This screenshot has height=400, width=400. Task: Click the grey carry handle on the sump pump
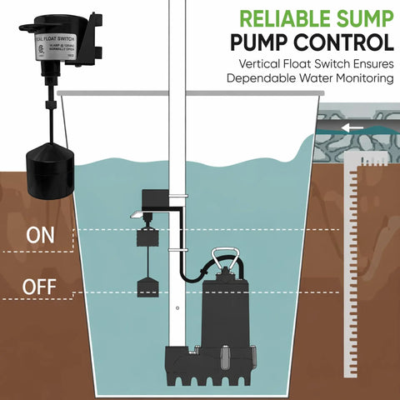226,260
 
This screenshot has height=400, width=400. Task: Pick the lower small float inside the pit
147,288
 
